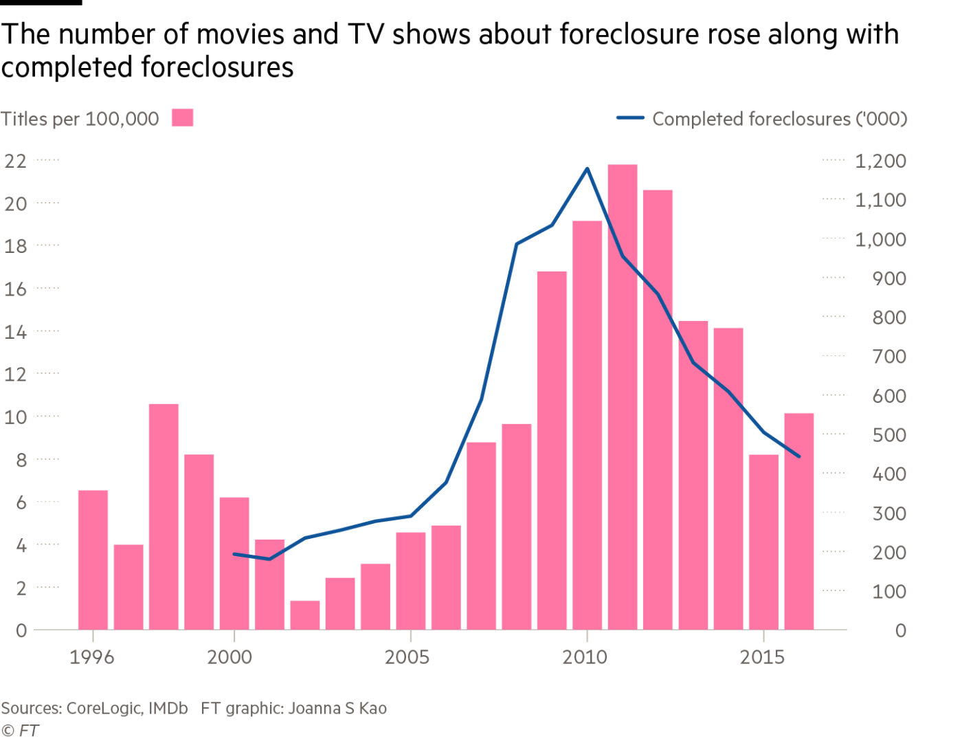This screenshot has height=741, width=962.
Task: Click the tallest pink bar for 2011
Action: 623,397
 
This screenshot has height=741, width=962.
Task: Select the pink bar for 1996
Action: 93,560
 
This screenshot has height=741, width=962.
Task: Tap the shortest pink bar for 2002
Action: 305,615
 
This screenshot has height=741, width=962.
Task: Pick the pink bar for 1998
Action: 164,517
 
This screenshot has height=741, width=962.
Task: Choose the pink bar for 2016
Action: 799,522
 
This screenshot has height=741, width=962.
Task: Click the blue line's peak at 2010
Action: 587,168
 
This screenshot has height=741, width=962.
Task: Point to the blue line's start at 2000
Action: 234,554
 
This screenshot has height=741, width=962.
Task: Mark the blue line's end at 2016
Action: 799,456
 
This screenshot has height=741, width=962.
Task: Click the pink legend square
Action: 182,118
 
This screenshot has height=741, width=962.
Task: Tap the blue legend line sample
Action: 630,118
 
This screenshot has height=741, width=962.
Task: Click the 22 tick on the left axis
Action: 16,161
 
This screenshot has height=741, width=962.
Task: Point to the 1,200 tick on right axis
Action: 880,161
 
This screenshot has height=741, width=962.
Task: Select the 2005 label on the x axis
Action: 407,657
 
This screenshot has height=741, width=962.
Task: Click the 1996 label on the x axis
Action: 92,657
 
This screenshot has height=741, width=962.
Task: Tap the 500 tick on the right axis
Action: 889,435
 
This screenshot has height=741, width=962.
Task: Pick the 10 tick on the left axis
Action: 16,417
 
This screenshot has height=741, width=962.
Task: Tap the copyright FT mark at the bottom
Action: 20,731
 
